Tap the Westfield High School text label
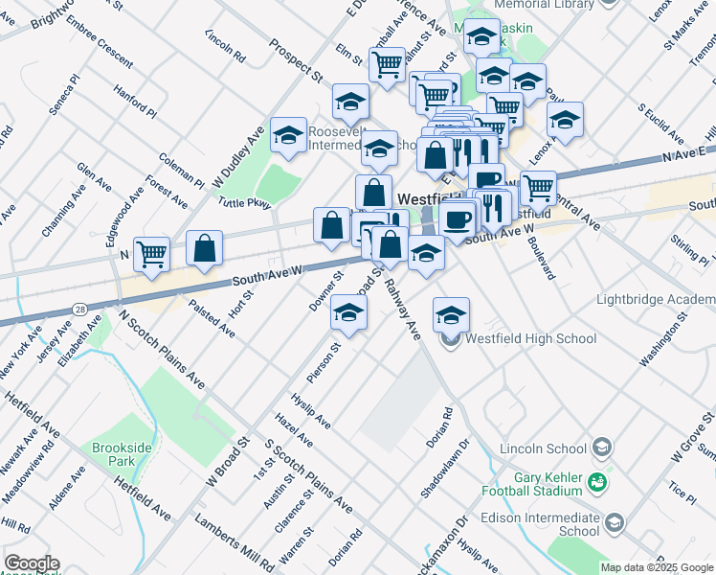tap(530, 338)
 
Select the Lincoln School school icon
tap(602, 448)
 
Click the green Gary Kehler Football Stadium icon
tap(598, 481)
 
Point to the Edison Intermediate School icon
tap(614, 522)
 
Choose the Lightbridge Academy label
tap(655, 299)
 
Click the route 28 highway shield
tap(78, 309)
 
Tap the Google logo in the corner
tap(31, 563)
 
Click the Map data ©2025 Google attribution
tap(657, 567)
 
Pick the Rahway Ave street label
tap(402, 310)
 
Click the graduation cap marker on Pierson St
tap(349, 313)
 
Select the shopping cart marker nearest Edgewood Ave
tap(151, 253)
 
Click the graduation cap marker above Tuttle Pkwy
tap(287, 136)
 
